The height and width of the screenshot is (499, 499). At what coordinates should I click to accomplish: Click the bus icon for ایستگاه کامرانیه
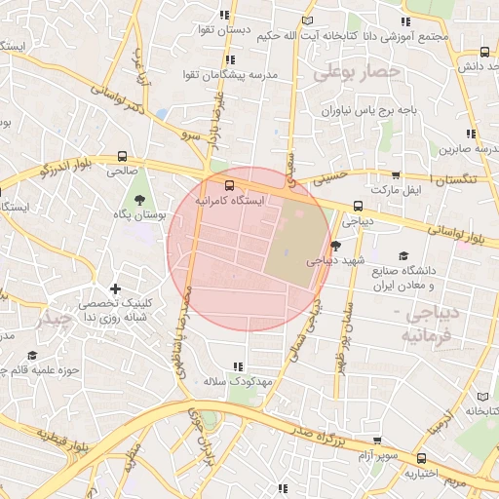click(229, 184)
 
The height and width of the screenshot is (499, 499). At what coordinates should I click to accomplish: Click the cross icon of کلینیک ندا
click(116, 288)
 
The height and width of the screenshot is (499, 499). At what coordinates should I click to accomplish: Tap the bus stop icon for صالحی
click(122, 156)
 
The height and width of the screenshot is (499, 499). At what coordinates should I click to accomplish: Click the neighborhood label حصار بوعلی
click(358, 71)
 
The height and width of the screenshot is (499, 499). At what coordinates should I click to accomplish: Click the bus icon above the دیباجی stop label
click(359, 206)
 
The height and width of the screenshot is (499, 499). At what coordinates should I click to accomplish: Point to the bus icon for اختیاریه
click(420, 458)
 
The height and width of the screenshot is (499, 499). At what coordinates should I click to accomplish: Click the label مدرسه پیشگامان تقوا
click(233, 75)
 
